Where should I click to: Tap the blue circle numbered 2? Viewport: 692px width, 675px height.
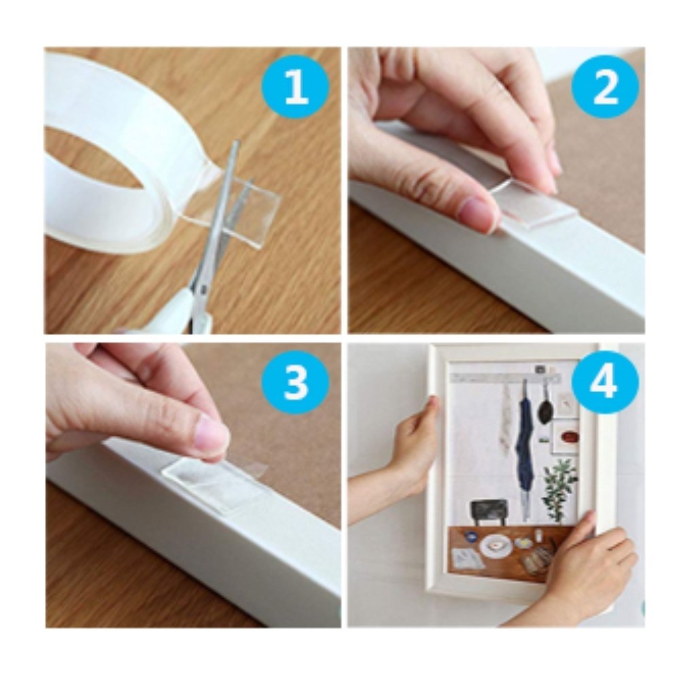point(605,88)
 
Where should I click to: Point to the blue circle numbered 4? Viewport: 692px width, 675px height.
point(605,381)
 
